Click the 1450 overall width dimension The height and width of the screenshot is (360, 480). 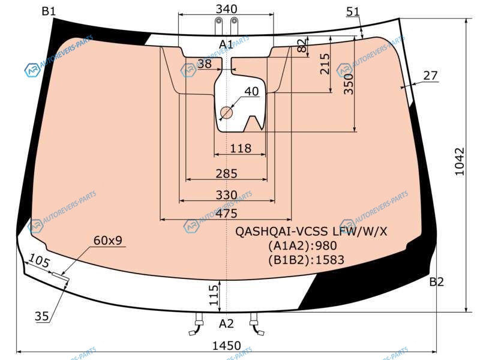[x=226, y=346]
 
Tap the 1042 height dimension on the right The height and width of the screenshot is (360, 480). [x=460, y=161]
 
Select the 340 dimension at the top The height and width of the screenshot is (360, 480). [x=226, y=9]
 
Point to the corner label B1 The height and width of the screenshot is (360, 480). [x=49, y=11]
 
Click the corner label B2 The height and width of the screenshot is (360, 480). [x=436, y=281]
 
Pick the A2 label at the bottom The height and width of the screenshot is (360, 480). [x=226, y=323]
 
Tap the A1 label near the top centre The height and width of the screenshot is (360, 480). [x=226, y=44]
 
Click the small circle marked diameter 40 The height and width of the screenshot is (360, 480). [x=226, y=113]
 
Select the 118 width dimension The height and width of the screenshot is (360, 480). [x=241, y=148]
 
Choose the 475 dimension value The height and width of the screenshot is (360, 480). [x=226, y=214]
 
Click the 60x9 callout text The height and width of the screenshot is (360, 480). [x=108, y=241]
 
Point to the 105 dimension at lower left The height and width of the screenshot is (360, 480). [x=39, y=261]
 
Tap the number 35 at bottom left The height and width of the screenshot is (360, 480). [x=41, y=316]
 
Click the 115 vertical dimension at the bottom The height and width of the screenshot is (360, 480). [x=214, y=295]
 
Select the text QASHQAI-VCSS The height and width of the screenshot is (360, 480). [x=281, y=232]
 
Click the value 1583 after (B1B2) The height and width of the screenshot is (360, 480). [x=329, y=260]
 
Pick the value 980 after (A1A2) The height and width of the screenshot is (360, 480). [x=326, y=245]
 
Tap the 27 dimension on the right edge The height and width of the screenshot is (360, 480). [x=430, y=76]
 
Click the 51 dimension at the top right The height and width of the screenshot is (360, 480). [x=353, y=11]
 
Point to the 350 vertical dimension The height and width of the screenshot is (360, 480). [x=349, y=83]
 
